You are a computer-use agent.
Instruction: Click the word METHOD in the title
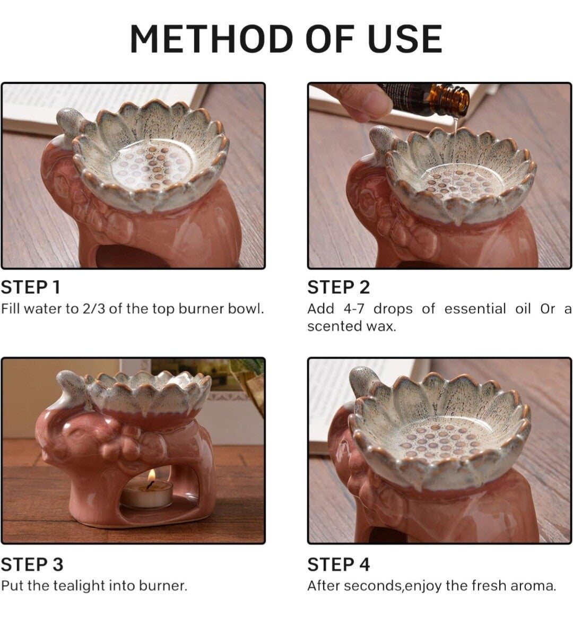pyautogui.click(x=211, y=39)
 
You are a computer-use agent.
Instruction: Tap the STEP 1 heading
pyautogui.click(x=31, y=287)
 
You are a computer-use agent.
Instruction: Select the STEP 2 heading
pyautogui.click(x=338, y=287)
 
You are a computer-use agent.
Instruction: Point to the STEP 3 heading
pyautogui.click(x=32, y=565)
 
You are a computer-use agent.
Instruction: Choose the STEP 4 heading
pyautogui.click(x=338, y=565)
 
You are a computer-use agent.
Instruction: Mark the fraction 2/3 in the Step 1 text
pyautogui.click(x=93, y=309)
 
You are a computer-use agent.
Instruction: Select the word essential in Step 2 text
pyautogui.click(x=474, y=309)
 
